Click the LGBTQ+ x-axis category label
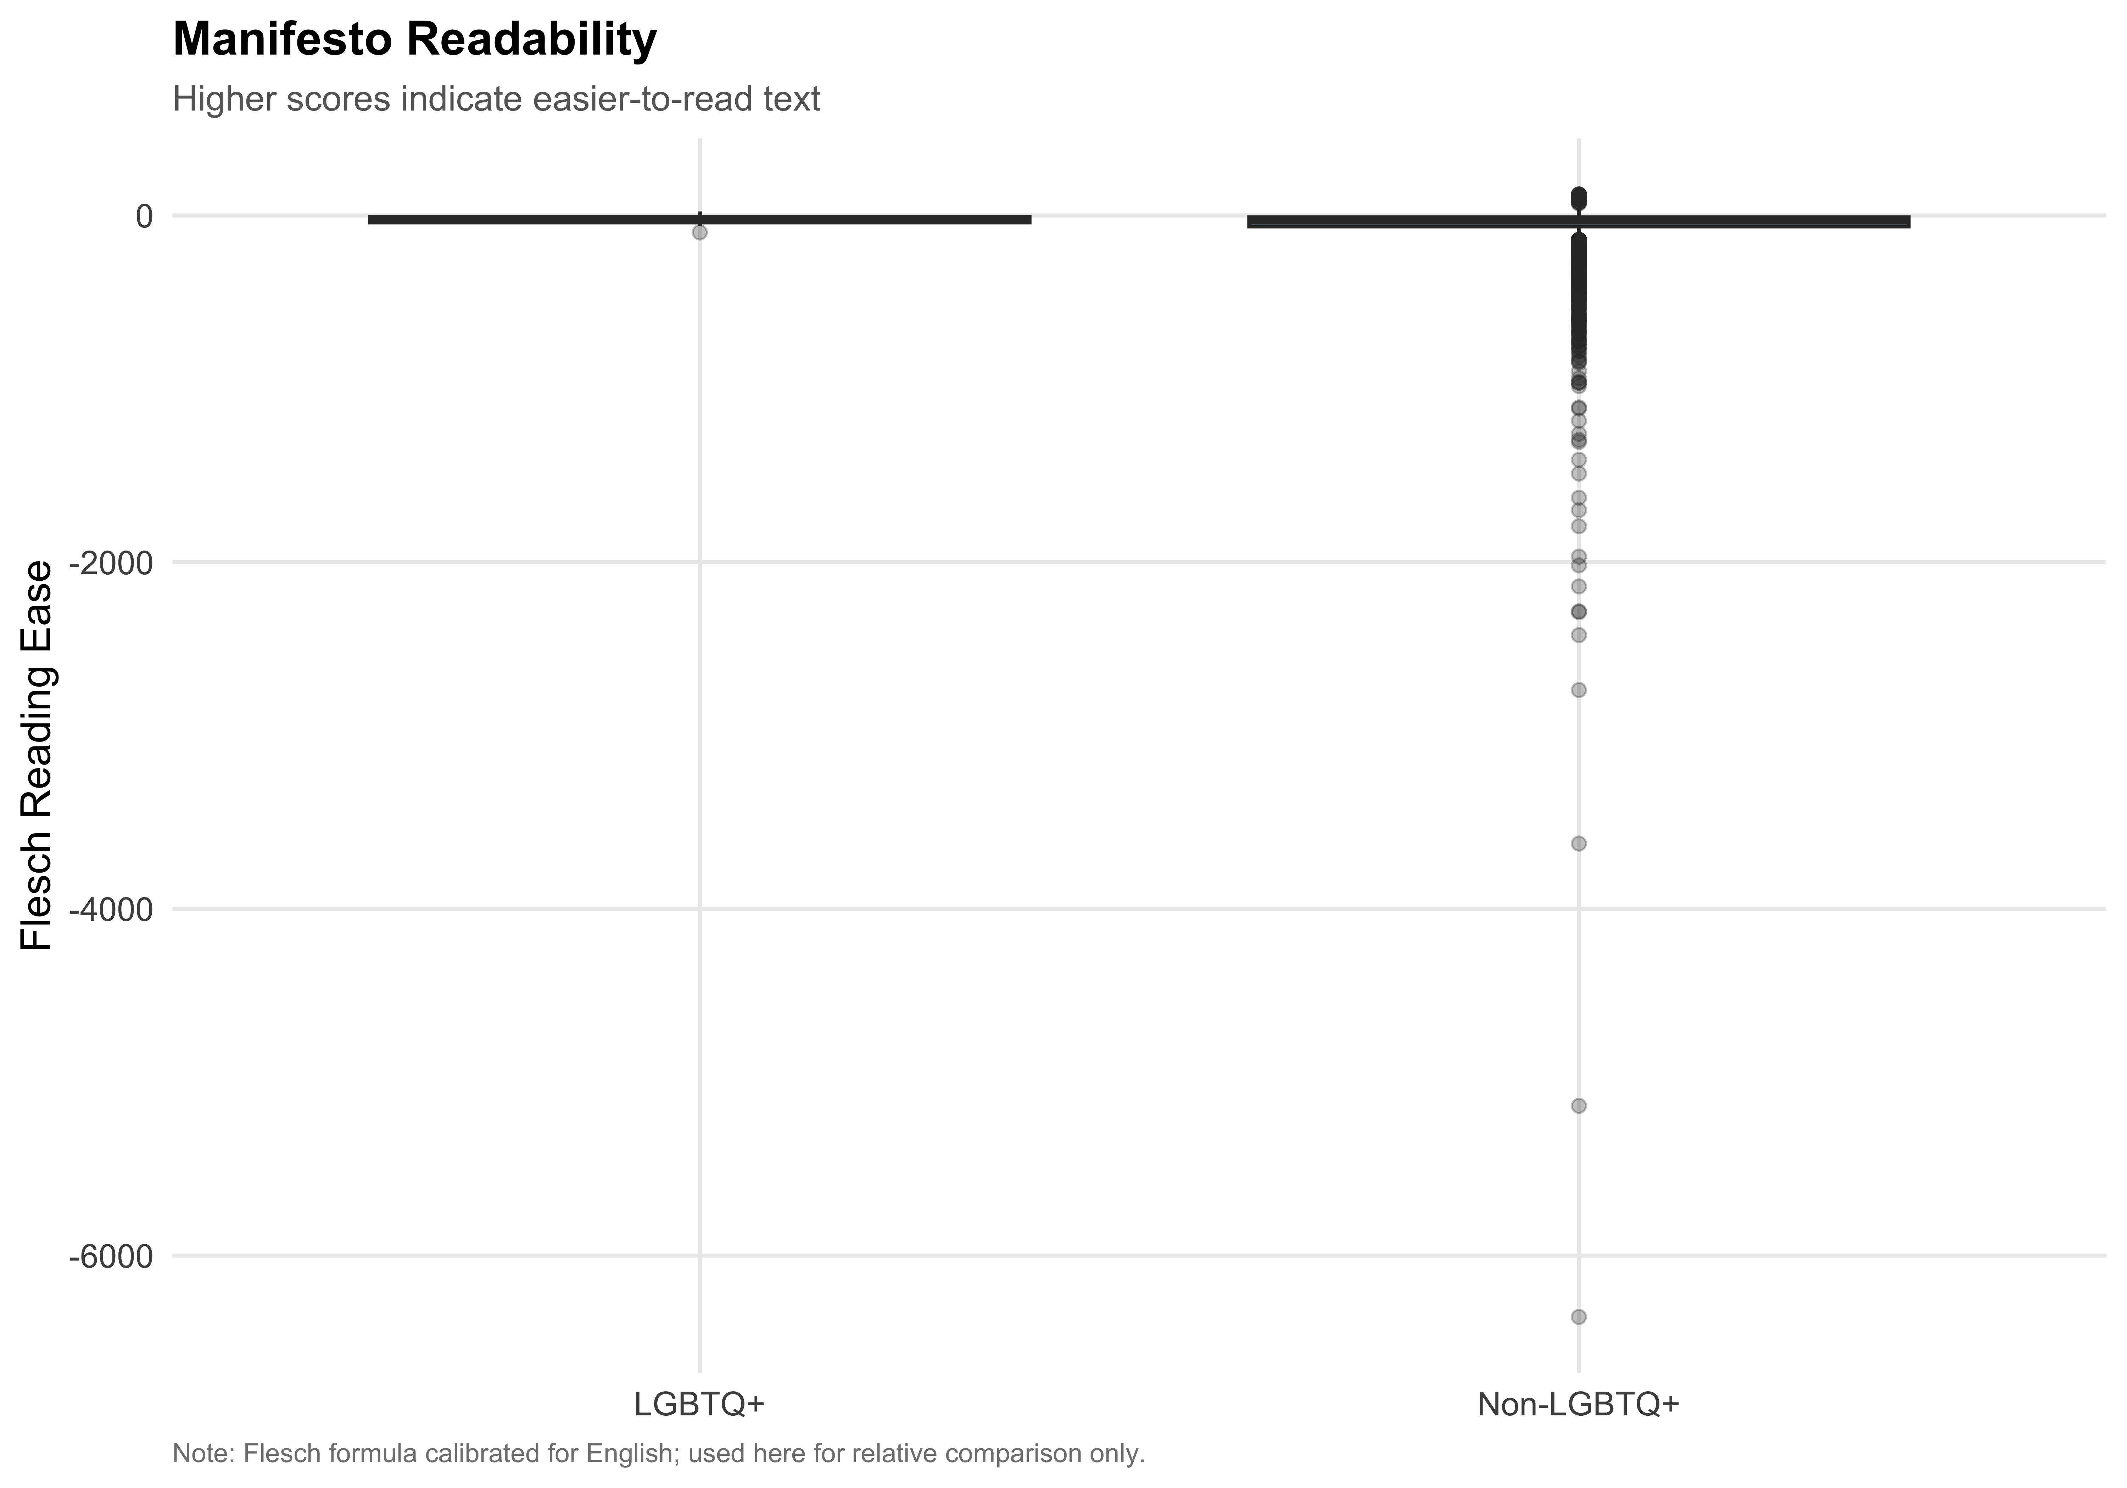[699, 1404]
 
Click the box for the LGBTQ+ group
[699, 219]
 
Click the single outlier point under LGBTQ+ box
[699, 232]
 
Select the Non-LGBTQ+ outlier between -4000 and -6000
[1579, 1106]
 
